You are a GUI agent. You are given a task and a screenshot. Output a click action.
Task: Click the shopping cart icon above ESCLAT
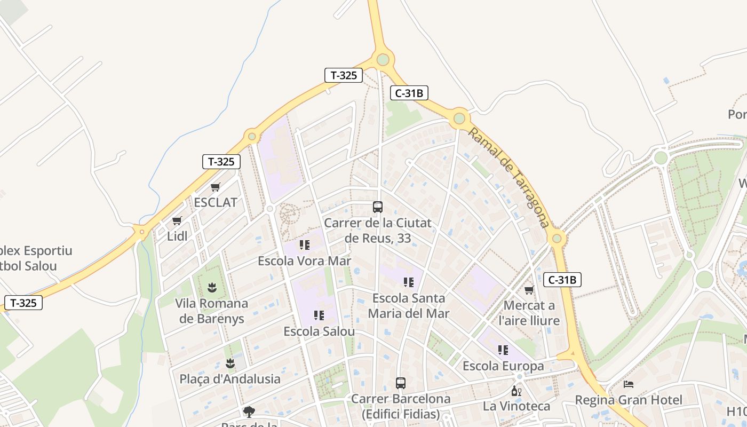click(x=216, y=187)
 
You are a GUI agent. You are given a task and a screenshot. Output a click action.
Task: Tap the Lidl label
click(x=177, y=236)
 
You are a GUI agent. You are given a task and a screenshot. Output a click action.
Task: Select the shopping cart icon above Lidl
click(x=177, y=221)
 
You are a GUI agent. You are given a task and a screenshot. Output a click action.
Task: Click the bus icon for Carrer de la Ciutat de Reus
click(x=378, y=207)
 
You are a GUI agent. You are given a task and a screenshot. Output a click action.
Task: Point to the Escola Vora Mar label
click(x=304, y=261)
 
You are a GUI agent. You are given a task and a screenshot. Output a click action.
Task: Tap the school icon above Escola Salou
click(x=319, y=315)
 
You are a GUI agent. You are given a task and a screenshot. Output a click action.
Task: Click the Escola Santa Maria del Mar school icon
click(x=409, y=282)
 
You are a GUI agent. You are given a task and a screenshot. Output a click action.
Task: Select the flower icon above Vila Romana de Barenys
click(x=212, y=288)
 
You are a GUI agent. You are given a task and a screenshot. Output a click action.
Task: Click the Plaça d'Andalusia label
click(x=230, y=379)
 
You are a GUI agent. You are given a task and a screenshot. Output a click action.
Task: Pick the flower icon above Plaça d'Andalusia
click(x=230, y=363)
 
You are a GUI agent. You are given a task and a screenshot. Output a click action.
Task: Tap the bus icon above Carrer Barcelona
click(x=401, y=383)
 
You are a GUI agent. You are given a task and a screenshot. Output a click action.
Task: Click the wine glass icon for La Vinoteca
click(x=516, y=391)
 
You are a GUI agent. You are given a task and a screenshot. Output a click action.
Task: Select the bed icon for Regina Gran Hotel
click(x=629, y=384)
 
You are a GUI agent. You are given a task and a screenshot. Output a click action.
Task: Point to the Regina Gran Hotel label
click(x=629, y=400)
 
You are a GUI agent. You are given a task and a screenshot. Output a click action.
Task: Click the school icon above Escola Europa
click(x=503, y=350)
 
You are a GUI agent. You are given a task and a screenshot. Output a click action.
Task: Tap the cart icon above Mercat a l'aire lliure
click(x=529, y=290)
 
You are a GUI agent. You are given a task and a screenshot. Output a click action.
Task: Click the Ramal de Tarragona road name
click(x=508, y=177)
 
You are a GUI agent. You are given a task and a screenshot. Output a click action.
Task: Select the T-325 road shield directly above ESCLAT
click(x=221, y=162)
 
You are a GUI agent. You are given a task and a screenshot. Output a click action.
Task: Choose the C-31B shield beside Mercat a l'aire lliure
click(x=562, y=280)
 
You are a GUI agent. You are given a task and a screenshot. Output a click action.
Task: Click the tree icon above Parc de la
click(x=249, y=412)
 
